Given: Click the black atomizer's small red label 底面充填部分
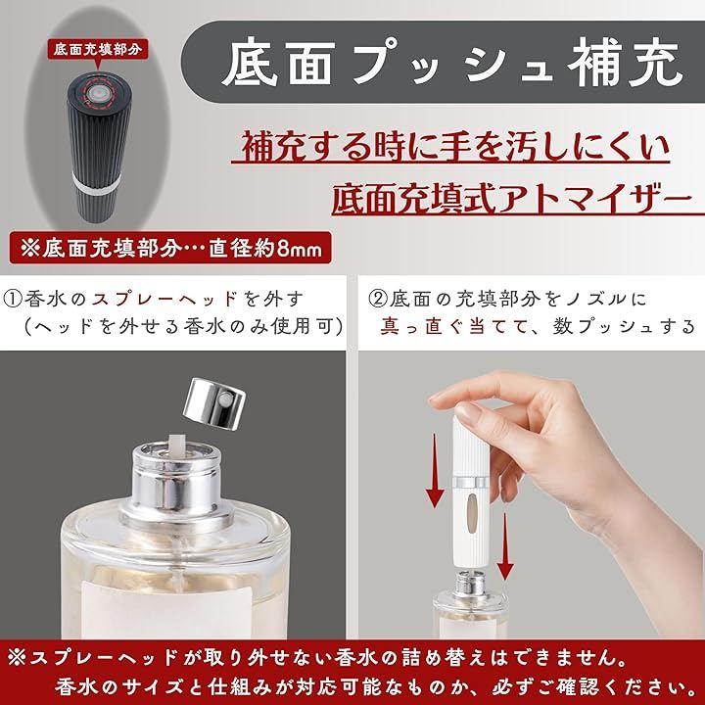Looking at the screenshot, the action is (97, 50).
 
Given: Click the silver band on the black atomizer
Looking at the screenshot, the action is (96, 182).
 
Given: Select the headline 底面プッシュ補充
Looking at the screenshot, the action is (450, 63).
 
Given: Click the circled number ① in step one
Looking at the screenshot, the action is (13, 299).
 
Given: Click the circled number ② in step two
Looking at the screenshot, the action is (378, 299).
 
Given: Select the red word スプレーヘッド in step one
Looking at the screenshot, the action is (164, 299).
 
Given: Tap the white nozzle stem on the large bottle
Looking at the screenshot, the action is (175, 446).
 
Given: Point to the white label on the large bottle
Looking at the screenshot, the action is (167, 608).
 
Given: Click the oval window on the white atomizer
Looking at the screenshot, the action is (471, 513).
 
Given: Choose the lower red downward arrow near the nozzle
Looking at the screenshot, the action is (504, 546).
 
